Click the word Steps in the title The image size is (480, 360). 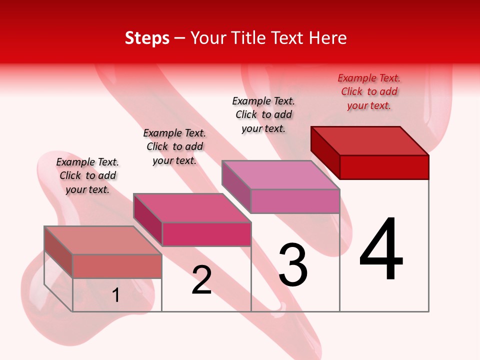pyautogui.click(x=147, y=38)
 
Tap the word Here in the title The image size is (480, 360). pyautogui.click(x=328, y=38)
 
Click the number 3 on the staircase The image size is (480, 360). pyautogui.click(x=293, y=265)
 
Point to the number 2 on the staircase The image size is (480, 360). pyautogui.click(x=202, y=280)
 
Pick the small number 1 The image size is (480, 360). pyautogui.click(x=116, y=295)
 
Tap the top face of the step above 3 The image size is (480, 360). pyautogui.click(x=281, y=175)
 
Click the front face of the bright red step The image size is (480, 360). pyautogui.click(x=384, y=167)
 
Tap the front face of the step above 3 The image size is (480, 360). pyautogui.click(x=295, y=201)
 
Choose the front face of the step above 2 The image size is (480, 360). pyautogui.click(x=206, y=234)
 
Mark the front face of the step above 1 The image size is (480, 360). pyautogui.click(x=117, y=266)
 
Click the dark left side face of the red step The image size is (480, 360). pyautogui.click(x=325, y=152)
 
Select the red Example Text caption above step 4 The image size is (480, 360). pyautogui.click(x=369, y=91)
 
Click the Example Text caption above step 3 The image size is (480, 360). pyautogui.click(x=263, y=114)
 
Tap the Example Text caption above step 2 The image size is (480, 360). pyautogui.click(x=174, y=146)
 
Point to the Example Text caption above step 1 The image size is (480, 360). pyautogui.click(x=87, y=175)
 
